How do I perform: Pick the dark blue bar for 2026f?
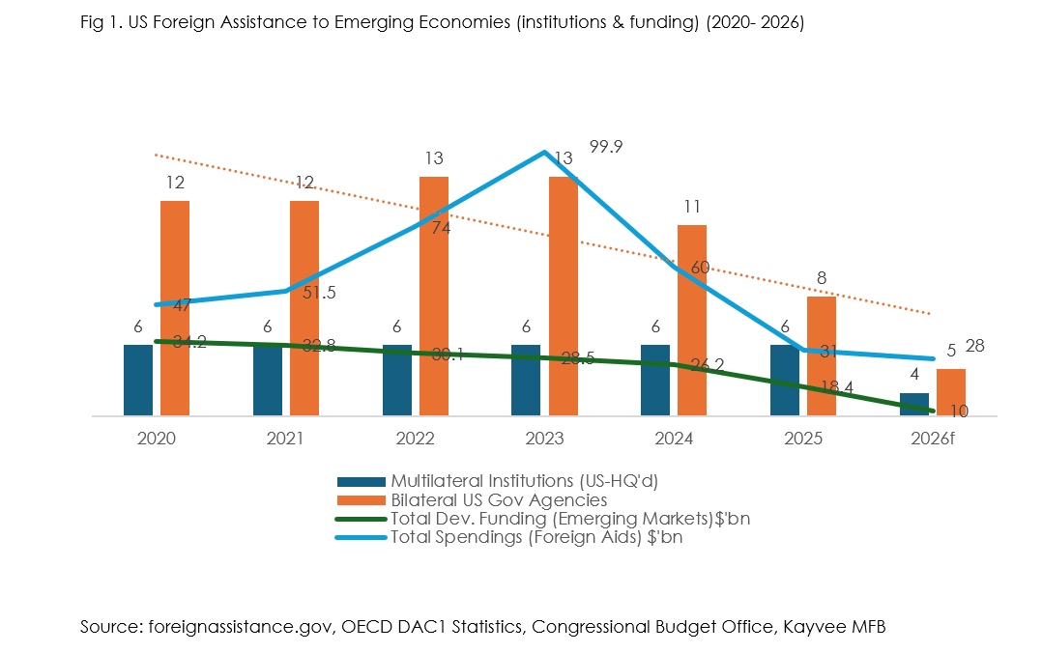point(914,404)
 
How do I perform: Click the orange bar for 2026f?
point(951,391)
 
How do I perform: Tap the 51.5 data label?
point(319,293)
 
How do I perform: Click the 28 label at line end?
point(975,346)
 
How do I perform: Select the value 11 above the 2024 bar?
point(691,206)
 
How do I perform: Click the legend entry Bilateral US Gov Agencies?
point(499,499)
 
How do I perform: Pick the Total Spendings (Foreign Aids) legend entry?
point(536,538)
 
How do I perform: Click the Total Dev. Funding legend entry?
point(570,519)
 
